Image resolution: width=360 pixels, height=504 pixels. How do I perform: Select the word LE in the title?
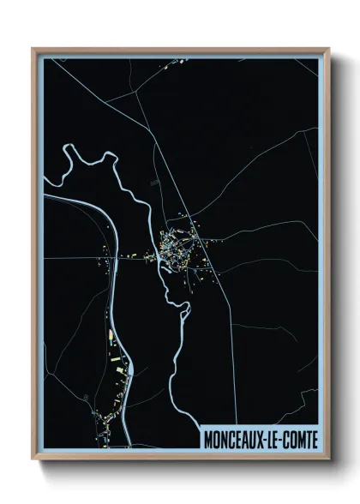[x=274, y=439]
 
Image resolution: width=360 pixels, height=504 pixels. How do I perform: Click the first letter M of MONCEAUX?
[x=208, y=439]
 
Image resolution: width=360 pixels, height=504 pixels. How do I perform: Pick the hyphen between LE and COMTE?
[x=282, y=439]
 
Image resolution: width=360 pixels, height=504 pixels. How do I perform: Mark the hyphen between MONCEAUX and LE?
[x=267, y=439]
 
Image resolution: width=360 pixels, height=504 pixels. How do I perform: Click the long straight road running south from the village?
[x=225, y=343]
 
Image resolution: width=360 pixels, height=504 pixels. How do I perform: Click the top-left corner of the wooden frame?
[x=33, y=49]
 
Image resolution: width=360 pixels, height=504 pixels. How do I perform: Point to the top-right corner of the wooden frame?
[x=328, y=49]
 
